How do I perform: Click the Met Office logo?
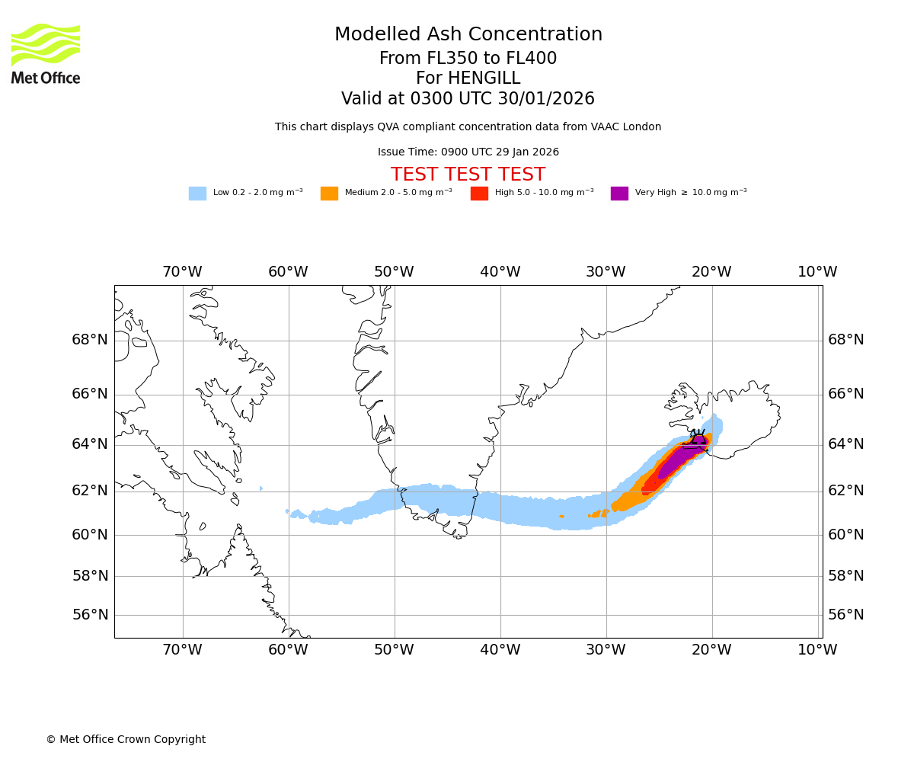point(46,53)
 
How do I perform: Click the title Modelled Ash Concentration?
point(468,35)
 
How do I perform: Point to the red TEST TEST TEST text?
point(468,174)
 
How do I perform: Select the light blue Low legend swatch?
point(197,194)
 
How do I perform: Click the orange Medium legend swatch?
point(329,194)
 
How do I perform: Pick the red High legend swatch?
point(479,194)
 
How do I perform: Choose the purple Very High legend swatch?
point(619,194)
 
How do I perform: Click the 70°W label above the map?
point(182,272)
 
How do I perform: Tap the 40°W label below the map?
point(500,650)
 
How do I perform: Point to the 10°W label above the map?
point(817,272)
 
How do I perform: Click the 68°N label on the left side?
point(90,340)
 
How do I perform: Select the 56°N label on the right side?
point(846,615)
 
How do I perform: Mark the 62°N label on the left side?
point(90,491)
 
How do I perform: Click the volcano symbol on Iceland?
point(698,440)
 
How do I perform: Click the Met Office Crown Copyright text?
point(126,740)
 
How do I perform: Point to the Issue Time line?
point(468,152)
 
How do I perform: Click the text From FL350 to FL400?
point(468,59)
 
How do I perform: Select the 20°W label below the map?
point(711,650)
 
